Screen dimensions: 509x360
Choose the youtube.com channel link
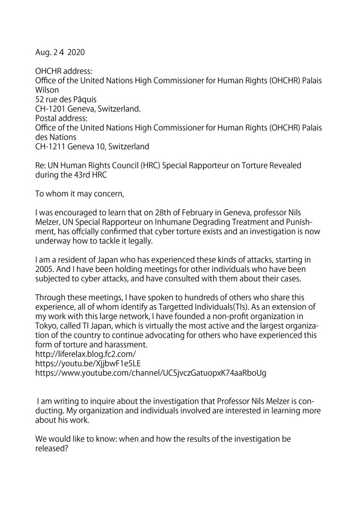coord(151,372)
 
